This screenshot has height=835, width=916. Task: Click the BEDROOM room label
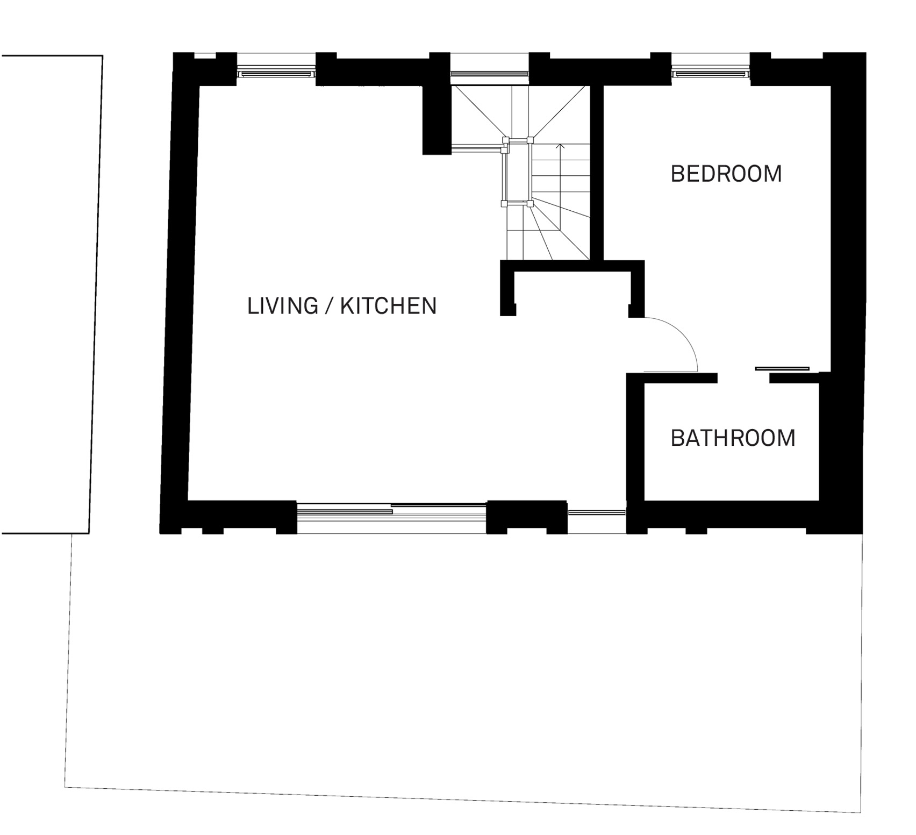[726, 174]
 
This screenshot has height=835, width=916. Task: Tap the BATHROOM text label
[733, 438]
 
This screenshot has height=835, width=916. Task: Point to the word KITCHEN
[389, 306]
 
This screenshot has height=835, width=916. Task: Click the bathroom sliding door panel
[782, 368]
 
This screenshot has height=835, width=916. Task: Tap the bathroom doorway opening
[743, 378]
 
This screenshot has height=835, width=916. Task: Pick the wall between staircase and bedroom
[597, 173]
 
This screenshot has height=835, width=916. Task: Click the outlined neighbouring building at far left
[52, 294]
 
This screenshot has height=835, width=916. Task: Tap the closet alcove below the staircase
[572, 294]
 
